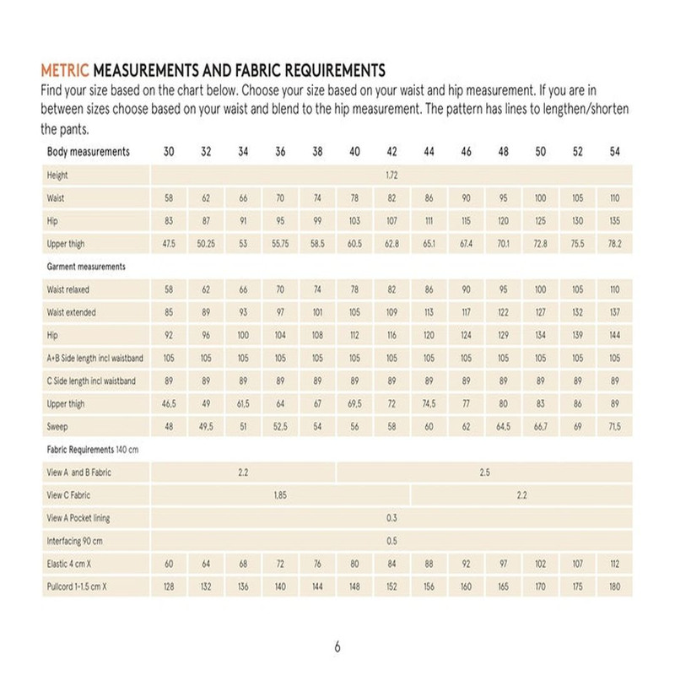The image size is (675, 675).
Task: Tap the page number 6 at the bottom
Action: tap(337, 648)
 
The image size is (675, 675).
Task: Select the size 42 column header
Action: tap(391, 153)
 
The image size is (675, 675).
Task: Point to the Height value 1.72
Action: tap(391, 175)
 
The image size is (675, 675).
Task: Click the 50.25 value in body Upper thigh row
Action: tap(206, 244)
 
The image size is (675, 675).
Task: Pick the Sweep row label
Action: tap(57, 427)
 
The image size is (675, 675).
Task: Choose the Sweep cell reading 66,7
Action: tap(540, 427)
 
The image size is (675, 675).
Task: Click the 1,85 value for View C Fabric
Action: tap(280, 495)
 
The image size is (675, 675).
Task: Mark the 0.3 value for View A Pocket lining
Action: tap(391, 518)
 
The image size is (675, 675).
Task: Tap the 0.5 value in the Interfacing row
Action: tap(391, 541)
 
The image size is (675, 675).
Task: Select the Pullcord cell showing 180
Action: tap(614, 586)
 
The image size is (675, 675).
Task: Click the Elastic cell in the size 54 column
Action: tap(614, 564)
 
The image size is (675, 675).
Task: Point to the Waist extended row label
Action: tap(72, 312)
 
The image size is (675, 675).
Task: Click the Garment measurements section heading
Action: tap(86, 267)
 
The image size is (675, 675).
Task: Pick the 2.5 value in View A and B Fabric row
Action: tap(484, 472)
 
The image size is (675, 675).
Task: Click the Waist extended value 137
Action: tap(614, 312)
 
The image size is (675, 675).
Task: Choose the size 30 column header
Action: tap(169, 153)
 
